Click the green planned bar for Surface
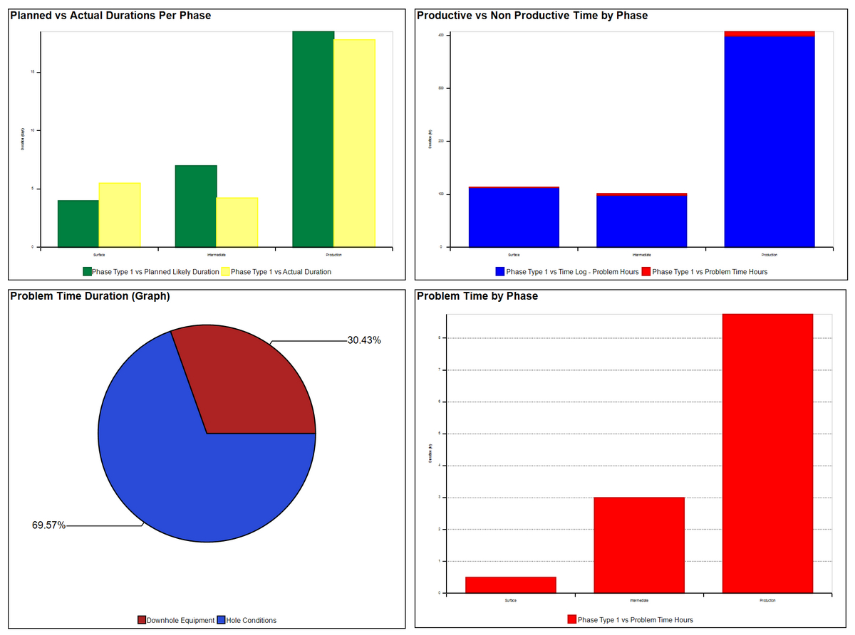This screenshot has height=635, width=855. (x=78, y=224)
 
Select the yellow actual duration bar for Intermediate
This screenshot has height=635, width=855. (x=237, y=222)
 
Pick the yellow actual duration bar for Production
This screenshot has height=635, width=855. (x=354, y=143)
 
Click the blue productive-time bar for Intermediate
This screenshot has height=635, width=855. (x=641, y=221)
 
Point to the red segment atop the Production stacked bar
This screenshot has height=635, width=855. (x=769, y=33)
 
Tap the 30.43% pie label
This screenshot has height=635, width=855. (x=363, y=340)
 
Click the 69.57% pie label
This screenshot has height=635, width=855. (x=48, y=525)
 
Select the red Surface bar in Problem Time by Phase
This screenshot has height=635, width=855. (x=510, y=584)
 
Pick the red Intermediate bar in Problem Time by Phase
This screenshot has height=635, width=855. (x=638, y=545)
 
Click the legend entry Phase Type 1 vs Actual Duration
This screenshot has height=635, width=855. (x=281, y=272)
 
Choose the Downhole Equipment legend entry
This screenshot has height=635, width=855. (x=180, y=620)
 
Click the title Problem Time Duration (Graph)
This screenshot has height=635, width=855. (x=90, y=296)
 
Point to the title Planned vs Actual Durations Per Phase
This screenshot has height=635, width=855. (x=110, y=15)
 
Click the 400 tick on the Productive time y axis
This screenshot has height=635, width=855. (x=441, y=35)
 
